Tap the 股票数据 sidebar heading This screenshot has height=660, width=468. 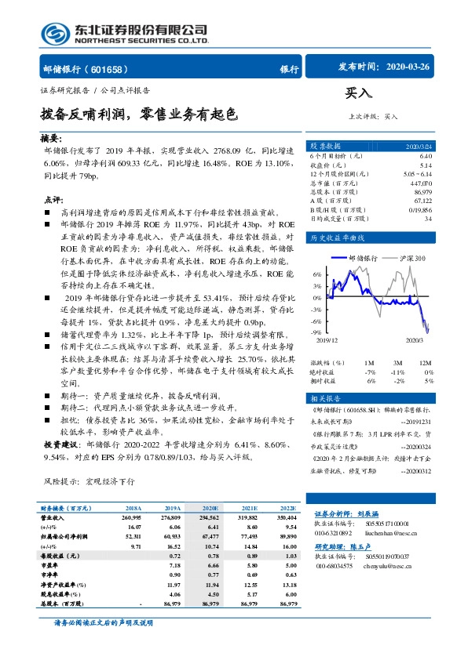[x=326, y=146]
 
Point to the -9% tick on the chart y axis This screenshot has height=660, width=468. [x=317, y=332]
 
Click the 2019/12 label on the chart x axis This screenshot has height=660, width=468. [x=325, y=339]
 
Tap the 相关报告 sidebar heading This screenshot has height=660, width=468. [x=324, y=399]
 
